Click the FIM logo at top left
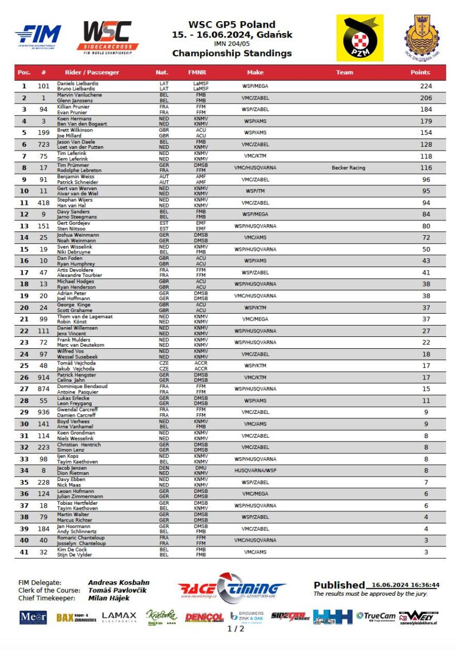38,37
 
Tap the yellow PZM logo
359,38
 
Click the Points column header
420,72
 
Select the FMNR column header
197,72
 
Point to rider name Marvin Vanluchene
75,95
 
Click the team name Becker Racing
348,168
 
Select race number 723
43,145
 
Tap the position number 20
24,308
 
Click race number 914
43,378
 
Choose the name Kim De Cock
72,549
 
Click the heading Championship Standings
231,53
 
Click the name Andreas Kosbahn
118,582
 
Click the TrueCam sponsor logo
376,616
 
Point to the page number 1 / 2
235,629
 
